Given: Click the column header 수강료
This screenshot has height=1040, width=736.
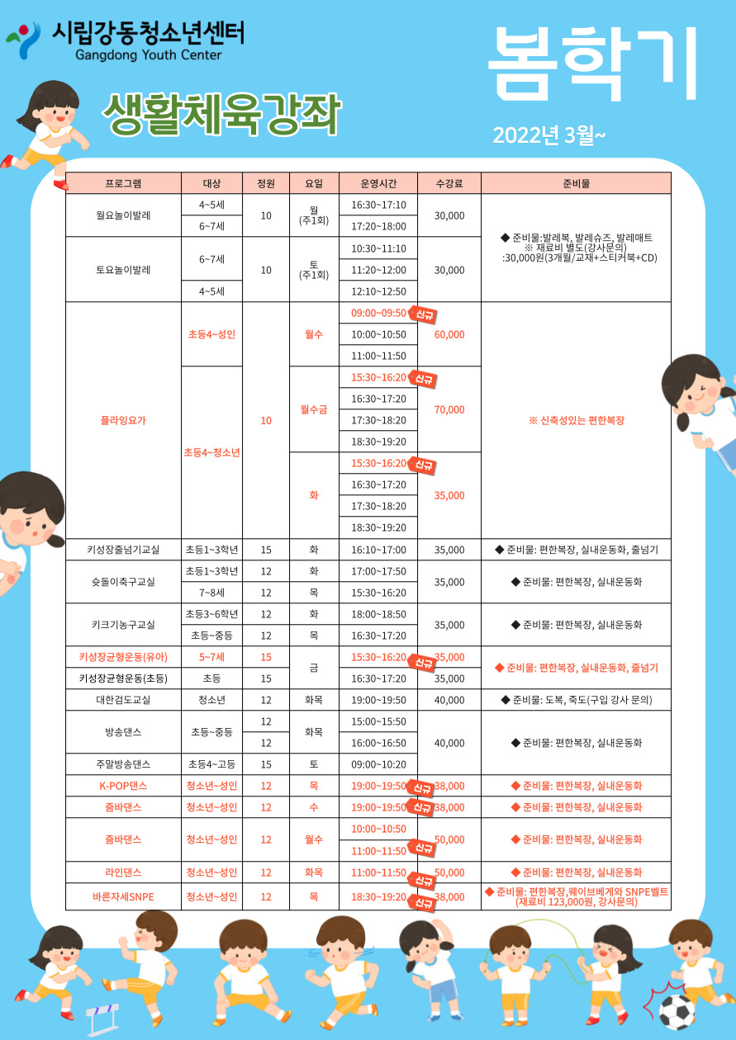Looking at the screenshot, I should pyautogui.click(x=449, y=183).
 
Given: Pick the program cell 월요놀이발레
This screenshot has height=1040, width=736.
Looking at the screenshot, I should pyautogui.click(x=123, y=215).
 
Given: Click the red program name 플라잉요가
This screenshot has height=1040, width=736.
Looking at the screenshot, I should pyautogui.click(x=123, y=420).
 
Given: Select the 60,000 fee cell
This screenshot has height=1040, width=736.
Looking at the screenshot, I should pyautogui.click(x=449, y=334).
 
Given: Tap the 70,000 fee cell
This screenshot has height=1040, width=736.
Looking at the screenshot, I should pyautogui.click(x=449, y=409).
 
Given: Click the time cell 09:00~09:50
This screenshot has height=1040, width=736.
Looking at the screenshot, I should pyautogui.click(x=378, y=313).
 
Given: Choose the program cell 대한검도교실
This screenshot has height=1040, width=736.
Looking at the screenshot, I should pyautogui.click(x=123, y=700).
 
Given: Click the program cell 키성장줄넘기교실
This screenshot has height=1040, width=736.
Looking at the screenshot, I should pyautogui.click(x=123, y=550).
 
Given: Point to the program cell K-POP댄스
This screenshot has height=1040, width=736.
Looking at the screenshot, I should pyautogui.click(x=123, y=786).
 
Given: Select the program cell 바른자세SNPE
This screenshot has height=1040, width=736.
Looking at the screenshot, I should pyautogui.click(x=123, y=896).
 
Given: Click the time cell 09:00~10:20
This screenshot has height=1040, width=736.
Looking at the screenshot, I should pyautogui.click(x=378, y=764).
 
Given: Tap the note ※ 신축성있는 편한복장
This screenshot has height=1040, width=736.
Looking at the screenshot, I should pyautogui.click(x=576, y=420).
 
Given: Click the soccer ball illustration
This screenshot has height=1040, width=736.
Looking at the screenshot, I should pyautogui.click(x=677, y=1009).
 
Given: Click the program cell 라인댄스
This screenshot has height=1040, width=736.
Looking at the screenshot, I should pyautogui.click(x=123, y=872).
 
